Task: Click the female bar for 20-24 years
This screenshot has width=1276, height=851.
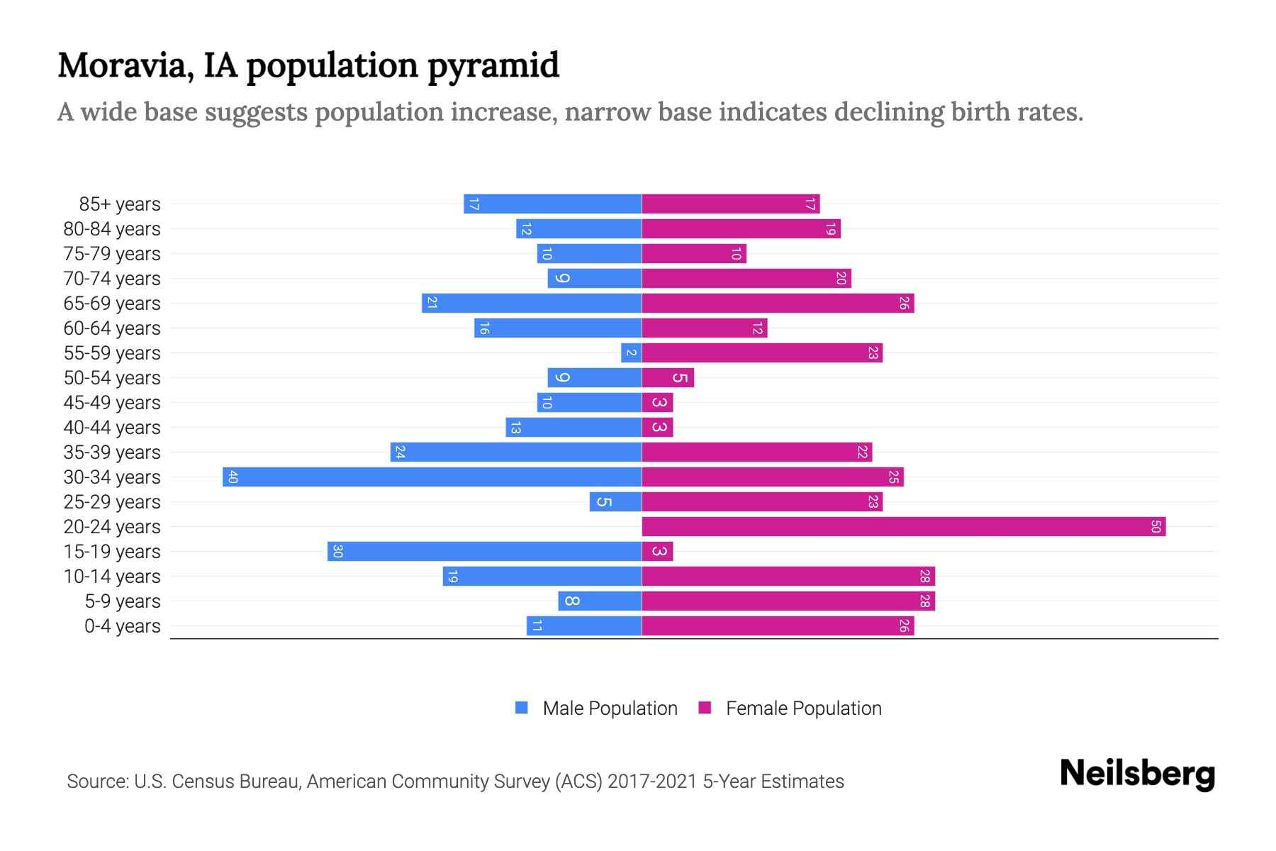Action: (903, 527)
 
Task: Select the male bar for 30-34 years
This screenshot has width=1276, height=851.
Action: (432, 477)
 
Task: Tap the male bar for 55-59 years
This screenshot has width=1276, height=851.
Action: (631, 353)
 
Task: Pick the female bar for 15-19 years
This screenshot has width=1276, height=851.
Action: (657, 552)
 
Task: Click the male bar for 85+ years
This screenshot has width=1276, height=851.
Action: (553, 204)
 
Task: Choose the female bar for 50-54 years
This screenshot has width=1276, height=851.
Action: (668, 378)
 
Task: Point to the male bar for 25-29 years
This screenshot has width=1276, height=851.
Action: (615, 502)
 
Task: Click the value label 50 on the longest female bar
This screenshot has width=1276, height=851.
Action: (1155, 527)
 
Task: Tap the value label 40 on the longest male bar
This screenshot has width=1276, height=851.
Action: (233, 477)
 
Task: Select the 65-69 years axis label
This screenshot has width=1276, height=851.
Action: (112, 304)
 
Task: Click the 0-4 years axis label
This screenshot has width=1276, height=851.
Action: (122, 626)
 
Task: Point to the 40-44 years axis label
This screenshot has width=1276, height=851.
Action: (112, 428)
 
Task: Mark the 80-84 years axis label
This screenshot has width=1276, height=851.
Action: (112, 229)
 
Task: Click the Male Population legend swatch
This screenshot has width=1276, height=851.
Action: (522, 708)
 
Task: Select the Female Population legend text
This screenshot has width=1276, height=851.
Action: (803, 708)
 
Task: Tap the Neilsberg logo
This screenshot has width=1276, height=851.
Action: (1137, 774)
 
